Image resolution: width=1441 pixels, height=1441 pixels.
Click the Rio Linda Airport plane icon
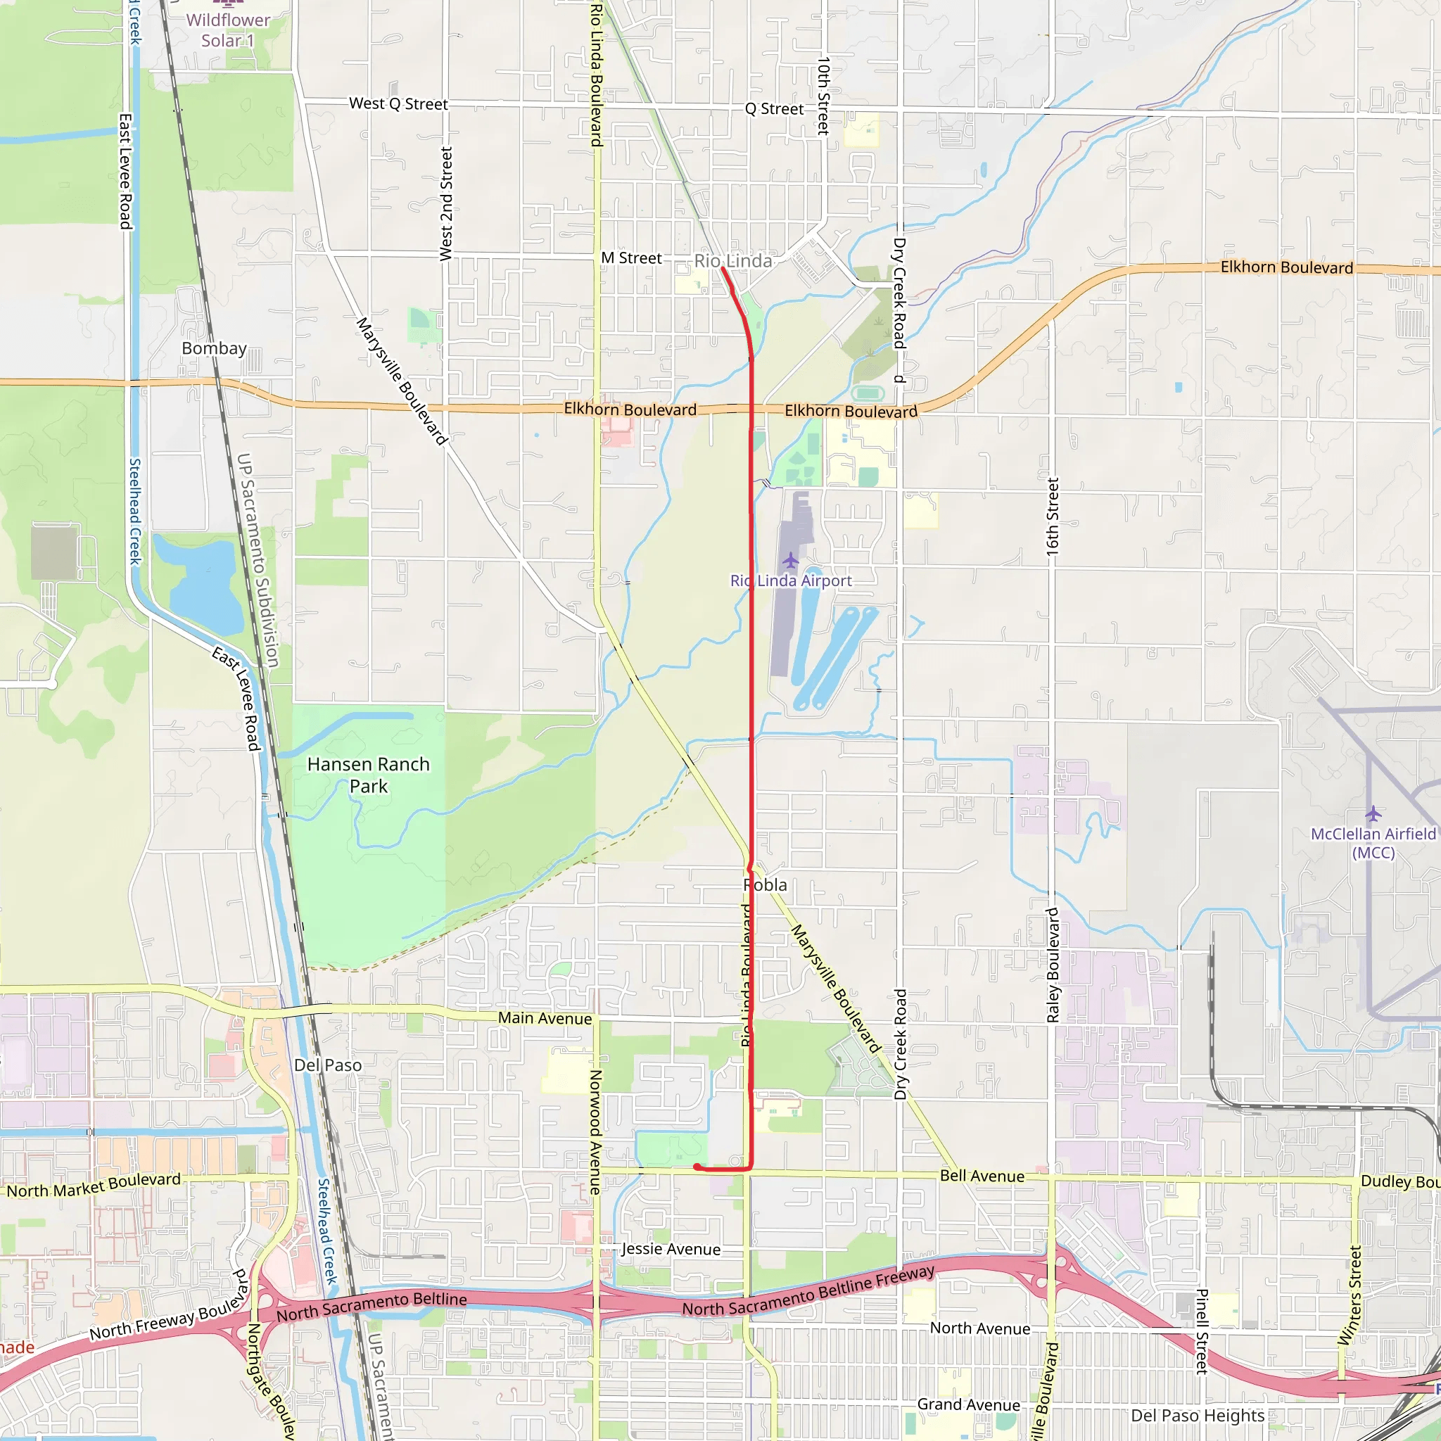(791, 560)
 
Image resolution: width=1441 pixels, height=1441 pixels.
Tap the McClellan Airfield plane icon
(1373, 813)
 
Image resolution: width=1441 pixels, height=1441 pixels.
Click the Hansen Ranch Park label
(369, 775)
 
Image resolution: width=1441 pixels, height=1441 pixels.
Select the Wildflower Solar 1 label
(228, 30)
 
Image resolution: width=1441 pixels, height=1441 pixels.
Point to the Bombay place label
(214, 348)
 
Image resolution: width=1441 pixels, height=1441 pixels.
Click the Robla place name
(766, 884)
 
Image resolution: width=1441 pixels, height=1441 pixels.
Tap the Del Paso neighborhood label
(328, 1065)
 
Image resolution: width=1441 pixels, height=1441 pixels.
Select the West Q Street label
(398, 104)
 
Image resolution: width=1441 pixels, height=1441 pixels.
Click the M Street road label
(631, 258)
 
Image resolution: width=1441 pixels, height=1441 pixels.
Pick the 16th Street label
(1053, 516)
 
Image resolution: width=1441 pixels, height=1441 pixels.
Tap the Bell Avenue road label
(982, 1176)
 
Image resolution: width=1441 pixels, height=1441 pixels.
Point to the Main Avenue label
(545, 1018)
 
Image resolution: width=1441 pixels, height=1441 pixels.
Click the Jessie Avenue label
(671, 1250)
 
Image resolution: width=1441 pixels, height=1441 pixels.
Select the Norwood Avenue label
(595, 1132)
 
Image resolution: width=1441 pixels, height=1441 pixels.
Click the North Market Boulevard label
(94, 1185)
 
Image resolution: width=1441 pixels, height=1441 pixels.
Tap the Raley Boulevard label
(1053, 965)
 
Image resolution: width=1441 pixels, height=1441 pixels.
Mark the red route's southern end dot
(697, 1167)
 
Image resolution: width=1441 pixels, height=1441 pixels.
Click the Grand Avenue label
(968, 1404)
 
